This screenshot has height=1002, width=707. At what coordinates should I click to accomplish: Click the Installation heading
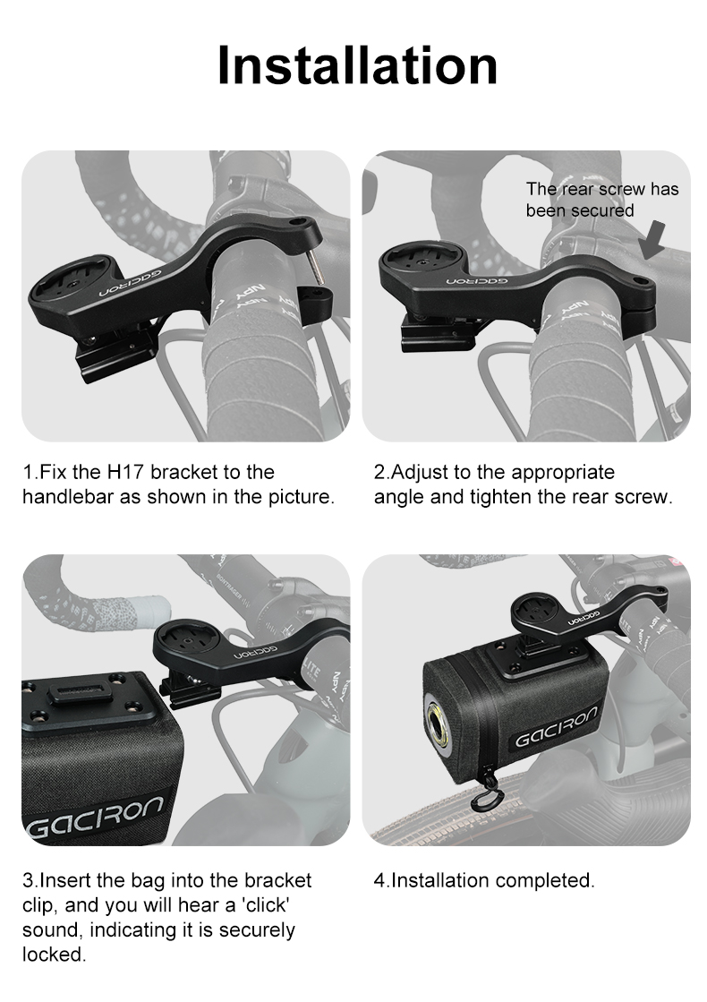pyautogui.click(x=357, y=65)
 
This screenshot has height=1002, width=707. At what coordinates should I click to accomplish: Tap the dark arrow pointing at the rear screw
pyautogui.click(x=653, y=241)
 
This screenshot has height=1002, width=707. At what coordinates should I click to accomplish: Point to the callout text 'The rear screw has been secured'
pyautogui.click(x=602, y=200)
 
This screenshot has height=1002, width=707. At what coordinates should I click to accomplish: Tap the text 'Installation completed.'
pyautogui.click(x=484, y=880)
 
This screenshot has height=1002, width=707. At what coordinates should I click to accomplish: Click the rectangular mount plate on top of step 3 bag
pyautogui.click(x=85, y=699)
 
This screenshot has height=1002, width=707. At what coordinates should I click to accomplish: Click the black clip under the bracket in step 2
pyautogui.click(x=439, y=333)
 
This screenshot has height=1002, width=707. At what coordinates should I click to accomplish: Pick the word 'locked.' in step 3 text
pyautogui.click(x=55, y=955)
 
